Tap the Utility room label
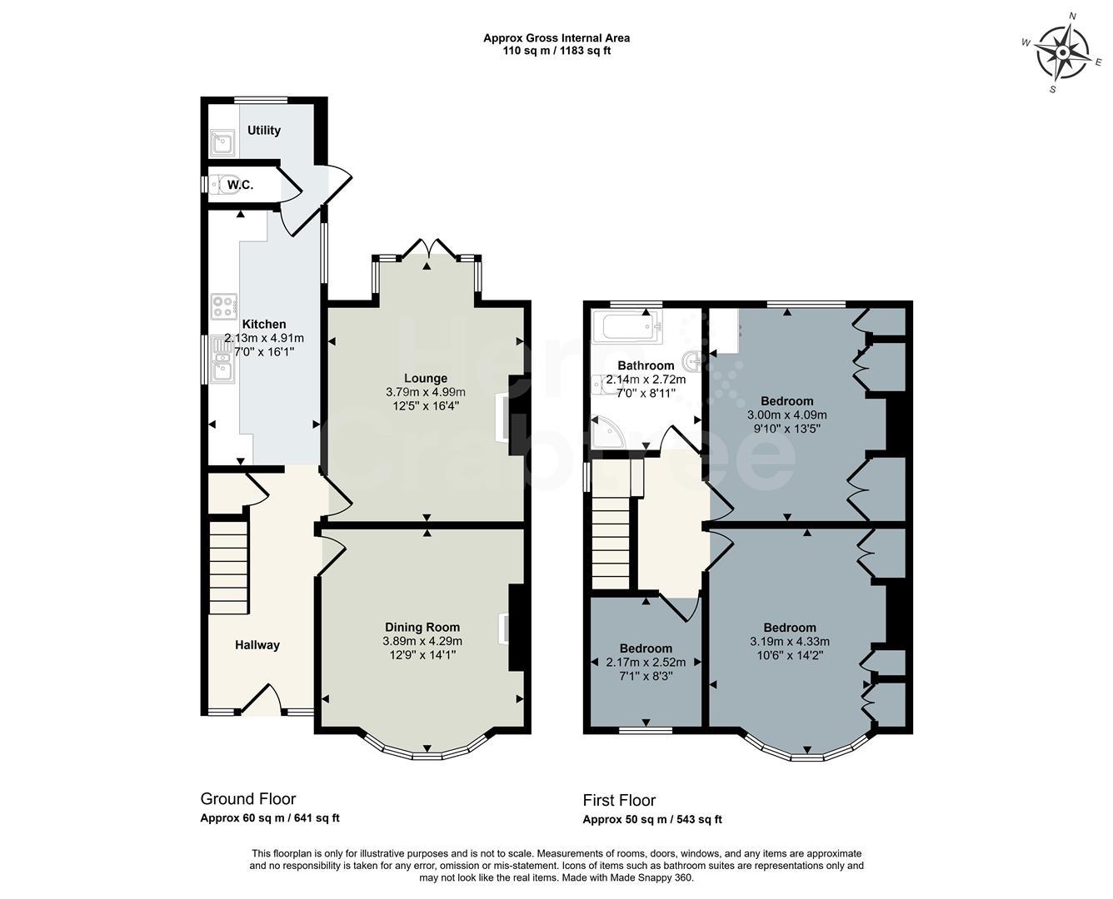click(x=264, y=130)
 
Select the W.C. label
click(x=240, y=184)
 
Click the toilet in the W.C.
click(x=220, y=185)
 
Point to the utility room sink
click(x=222, y=144)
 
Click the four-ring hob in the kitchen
click(x=224, y=305)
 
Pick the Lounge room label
click(x=426, y=378)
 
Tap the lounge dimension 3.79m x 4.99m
click(x=426, y=392)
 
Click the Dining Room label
click(x=422, y=627)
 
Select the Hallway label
click(x=257, y=644)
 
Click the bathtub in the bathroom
click(x=626, y=327)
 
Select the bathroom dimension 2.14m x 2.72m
click(x=646, y=380)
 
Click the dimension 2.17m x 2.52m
click(x=646, y=663)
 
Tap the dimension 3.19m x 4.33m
click(x=790, y=641)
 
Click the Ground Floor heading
click(x=248, y=799)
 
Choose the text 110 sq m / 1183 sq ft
click(x=556, y=51)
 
